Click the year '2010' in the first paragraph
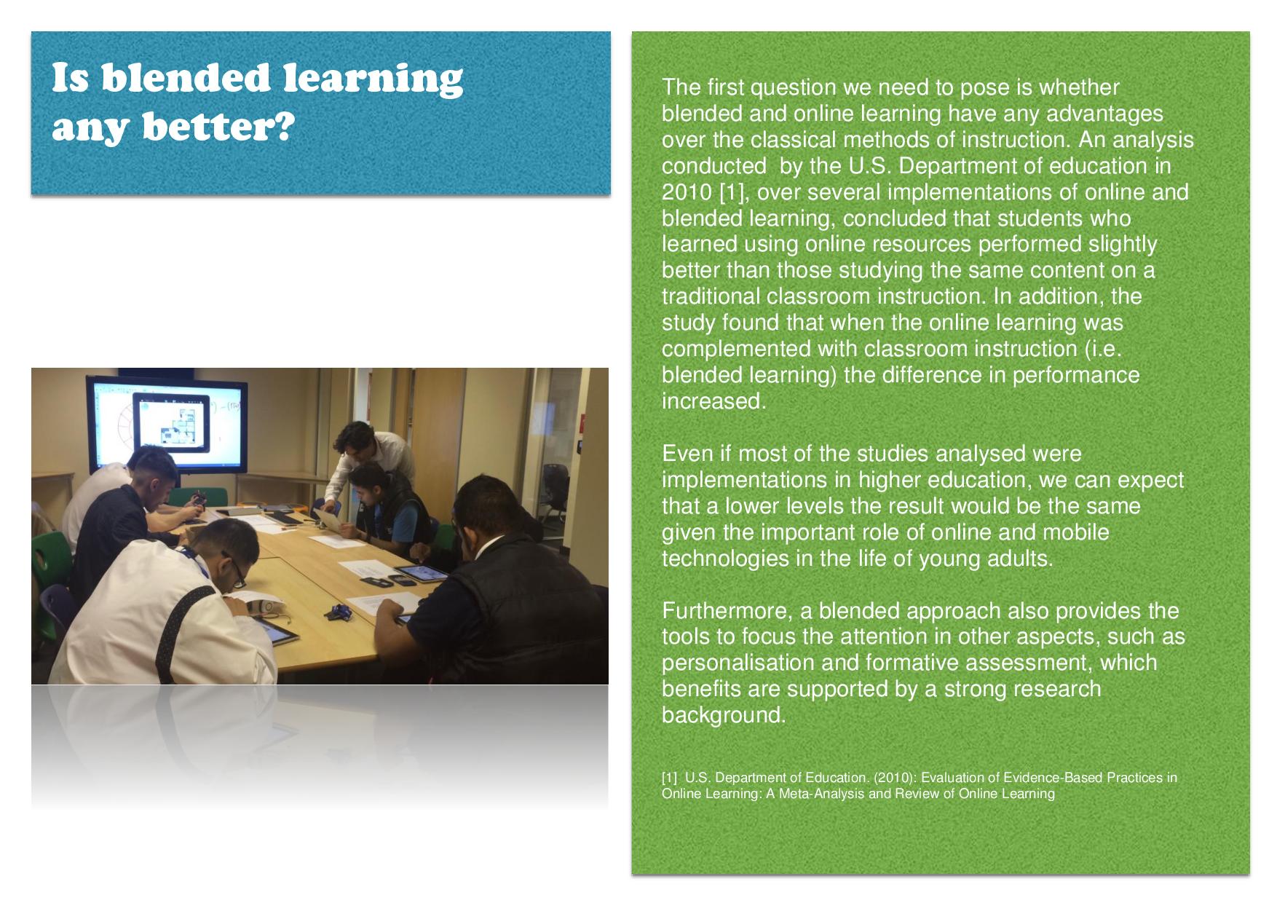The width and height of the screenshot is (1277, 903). click(687, 192)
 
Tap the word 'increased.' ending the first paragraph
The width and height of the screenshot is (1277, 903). click(713, 401)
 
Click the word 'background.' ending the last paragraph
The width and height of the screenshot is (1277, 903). click(724, 715)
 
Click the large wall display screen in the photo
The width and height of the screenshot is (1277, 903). click(164, 422)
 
